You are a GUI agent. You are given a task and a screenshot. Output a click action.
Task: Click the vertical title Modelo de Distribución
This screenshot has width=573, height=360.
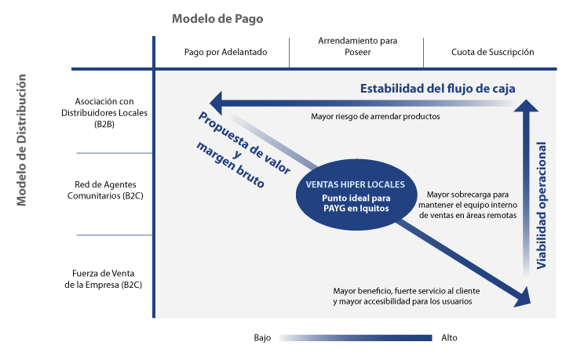pyautogui.click(x=23, y=140)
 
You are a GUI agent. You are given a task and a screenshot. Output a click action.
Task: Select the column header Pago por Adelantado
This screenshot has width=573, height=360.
pyautogui.click(x=226, y=52)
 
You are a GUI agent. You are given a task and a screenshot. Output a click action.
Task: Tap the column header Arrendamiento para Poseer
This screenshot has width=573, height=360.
pyautogui.click(x=357, y=46)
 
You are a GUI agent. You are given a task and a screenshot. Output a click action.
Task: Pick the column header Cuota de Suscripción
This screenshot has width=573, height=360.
pyautogui.click(x=492, y=52)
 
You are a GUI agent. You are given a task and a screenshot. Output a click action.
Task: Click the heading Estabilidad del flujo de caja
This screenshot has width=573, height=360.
pyautogui.click(x=438, y=88)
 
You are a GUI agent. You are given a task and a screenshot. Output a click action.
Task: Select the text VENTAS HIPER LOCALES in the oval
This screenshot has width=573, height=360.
pyautogui.click(x=355, y=185)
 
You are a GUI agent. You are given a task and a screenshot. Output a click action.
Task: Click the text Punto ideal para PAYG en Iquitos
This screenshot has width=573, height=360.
pyautogui.click(x=355, y=202)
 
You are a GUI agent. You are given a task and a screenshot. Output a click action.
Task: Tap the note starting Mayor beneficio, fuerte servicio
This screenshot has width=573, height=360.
pyautogui.click(x=407, y=295)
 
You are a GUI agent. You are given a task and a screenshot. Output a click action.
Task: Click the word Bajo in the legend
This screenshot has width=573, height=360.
pyautogui.click(x=262, y=338)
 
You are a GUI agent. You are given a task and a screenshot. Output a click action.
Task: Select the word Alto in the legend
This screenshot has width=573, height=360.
pyautogui.click(x=449, y=338)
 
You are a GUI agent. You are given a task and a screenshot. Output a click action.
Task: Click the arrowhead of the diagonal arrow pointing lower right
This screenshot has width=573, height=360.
pyautogui.click(x=521, y=297)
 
